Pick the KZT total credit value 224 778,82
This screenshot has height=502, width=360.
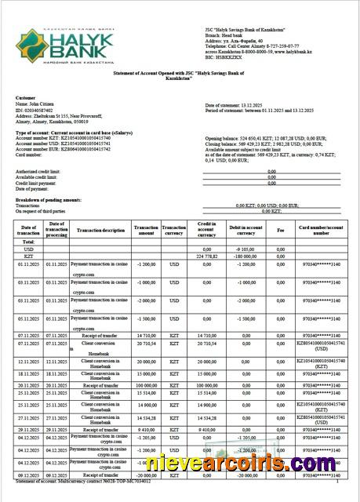(x=205, y=256)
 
